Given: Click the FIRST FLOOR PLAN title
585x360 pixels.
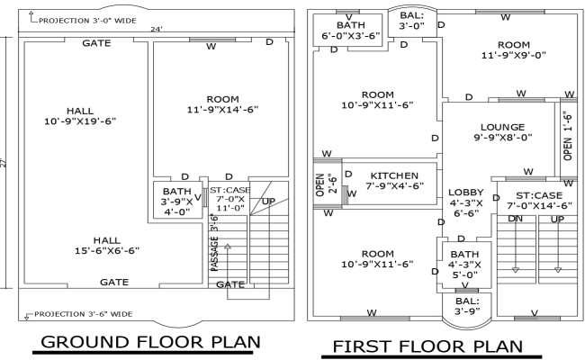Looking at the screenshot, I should coord(427,346).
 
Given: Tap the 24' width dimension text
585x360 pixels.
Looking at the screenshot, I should coord(157,30).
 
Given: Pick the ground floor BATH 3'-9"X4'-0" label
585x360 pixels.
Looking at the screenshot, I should coord(175,202).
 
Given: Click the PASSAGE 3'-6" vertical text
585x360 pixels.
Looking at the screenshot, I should coord(214,241).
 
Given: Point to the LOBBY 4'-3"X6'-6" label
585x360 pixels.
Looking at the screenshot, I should coord(466,202).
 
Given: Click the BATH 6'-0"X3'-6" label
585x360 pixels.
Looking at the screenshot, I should coord(343,30).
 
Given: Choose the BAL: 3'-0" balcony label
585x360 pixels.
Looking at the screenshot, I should coord(411,21).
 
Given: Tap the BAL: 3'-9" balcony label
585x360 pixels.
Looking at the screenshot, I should coord(466,306).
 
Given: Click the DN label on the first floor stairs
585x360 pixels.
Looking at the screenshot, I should coord(516,219).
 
